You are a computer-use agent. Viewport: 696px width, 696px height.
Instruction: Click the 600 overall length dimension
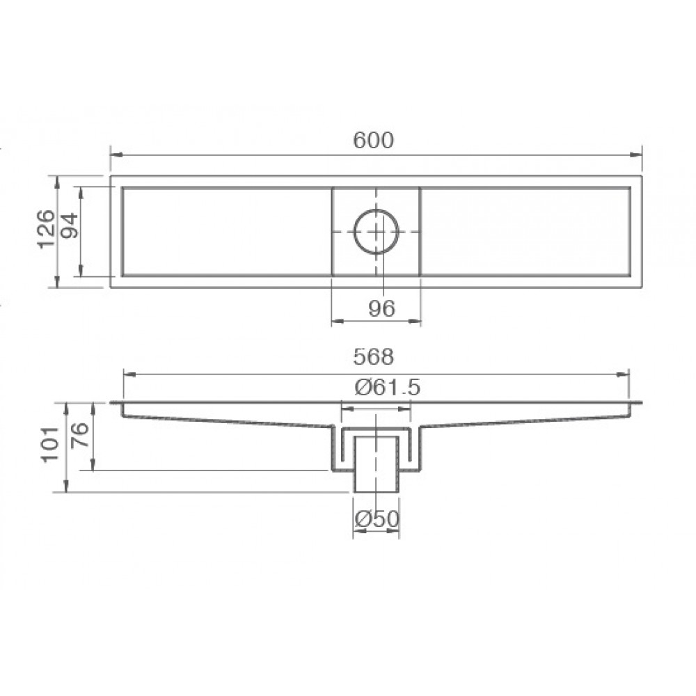tap(374, 140)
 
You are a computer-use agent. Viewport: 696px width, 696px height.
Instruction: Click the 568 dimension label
tap(374, 357)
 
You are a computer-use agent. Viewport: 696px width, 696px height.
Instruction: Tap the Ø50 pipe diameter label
tap(376, 519)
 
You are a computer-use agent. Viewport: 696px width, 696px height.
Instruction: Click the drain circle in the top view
tap(376, 231)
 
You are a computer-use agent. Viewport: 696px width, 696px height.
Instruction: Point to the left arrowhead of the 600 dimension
tap(114, 155)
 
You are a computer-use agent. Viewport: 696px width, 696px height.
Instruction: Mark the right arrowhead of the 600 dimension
tap(638, 155)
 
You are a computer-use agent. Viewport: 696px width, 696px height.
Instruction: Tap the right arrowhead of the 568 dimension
tap(625, 374)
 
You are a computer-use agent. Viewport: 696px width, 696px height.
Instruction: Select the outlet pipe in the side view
tap(376, 463)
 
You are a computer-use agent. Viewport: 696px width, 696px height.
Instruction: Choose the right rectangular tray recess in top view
tap(525, 231)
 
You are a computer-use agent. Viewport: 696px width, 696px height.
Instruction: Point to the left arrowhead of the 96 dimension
tap(335, 321)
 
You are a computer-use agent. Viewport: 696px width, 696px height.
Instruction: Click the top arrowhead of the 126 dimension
tap(57, 180)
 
